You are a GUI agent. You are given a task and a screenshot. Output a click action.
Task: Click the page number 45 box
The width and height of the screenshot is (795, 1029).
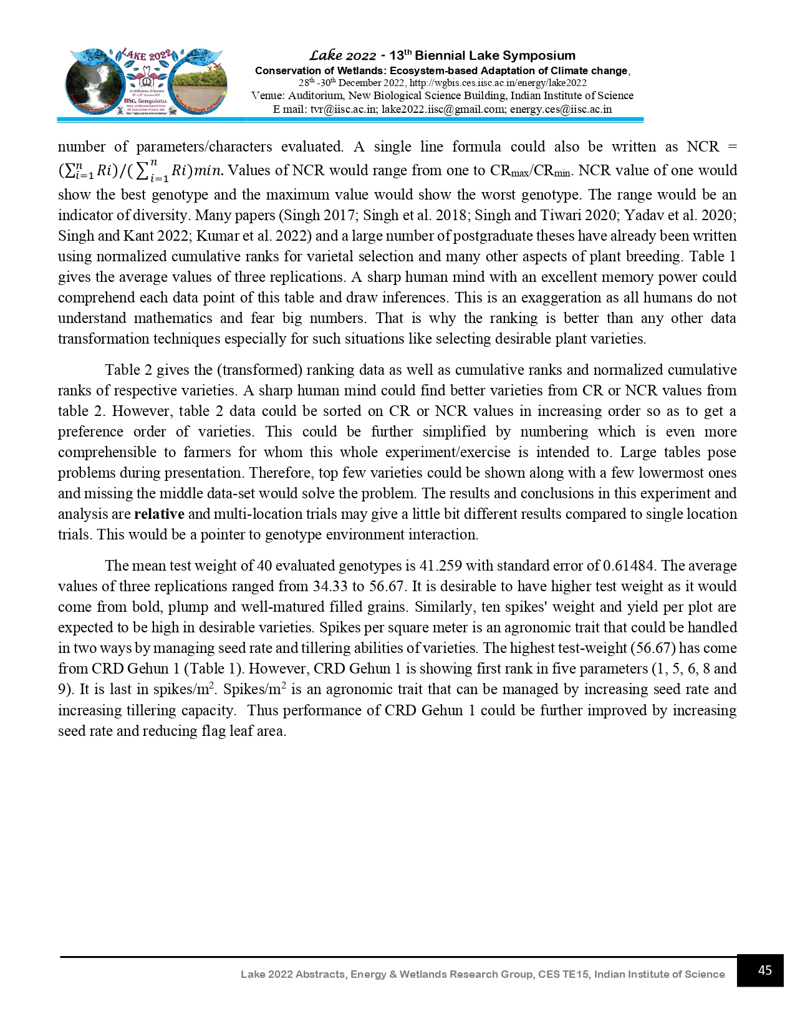[759, 970]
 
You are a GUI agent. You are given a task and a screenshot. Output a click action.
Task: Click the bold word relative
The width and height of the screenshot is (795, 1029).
[159, 514]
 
